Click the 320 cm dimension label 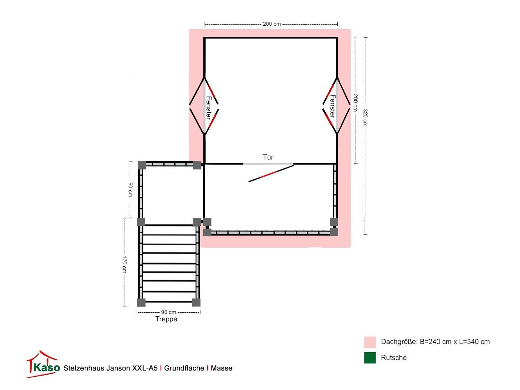[x=365, y=118]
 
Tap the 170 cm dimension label [x=124, y=264]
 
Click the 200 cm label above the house [x=272, y=24]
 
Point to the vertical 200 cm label [x=355, y=103]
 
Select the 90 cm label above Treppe [x=169, y=312]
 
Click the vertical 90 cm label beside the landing [x=130, y=190]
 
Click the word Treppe [x=166, y=319]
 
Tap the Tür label [x=268, y=157]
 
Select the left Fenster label [x=208, y=108]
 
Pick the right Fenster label [x=333, y=106]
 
